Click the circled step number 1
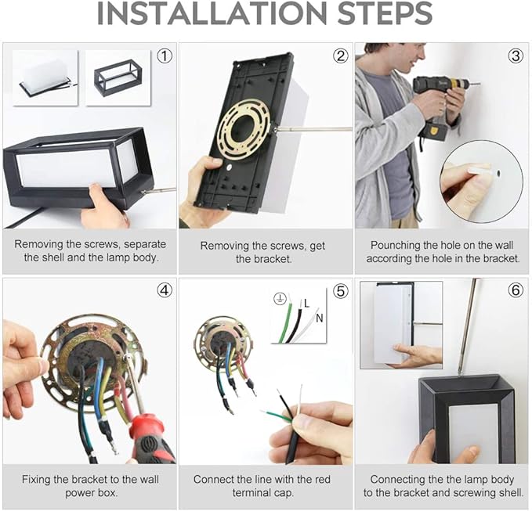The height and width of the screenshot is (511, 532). click(165, 56)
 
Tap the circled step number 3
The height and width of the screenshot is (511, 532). click(516, 56)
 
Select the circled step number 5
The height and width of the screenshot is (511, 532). click(341, 291)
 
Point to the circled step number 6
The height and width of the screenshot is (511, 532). click(516, 290)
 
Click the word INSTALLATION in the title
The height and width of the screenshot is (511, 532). click(212, 13)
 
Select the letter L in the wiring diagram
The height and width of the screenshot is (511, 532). click(307, 304)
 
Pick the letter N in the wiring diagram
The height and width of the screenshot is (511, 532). click(319, 318)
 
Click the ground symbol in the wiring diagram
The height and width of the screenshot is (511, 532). click(280, 298)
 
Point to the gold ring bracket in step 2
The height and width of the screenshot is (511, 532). click(244, 129)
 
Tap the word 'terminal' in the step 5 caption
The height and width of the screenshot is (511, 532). click(252, 493)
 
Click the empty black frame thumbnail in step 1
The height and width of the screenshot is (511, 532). click(118, 78)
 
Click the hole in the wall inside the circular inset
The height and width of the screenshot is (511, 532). click(498, 174)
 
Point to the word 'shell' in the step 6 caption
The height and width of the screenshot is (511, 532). click(508, 493)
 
